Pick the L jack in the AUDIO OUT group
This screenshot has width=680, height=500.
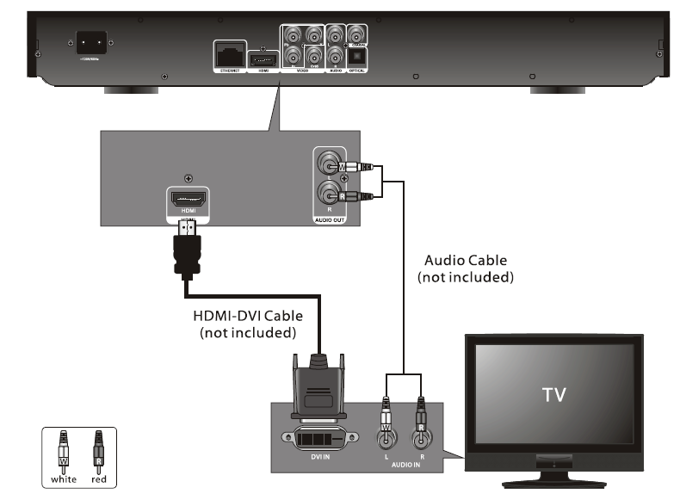[328, 166]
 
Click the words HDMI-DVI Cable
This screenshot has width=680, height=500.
[247, 317]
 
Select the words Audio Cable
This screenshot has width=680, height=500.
[466, 260]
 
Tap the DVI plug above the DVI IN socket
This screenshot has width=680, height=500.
[318, 387]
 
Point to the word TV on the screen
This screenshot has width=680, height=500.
[553, 395]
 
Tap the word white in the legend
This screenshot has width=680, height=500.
[64, 479]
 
